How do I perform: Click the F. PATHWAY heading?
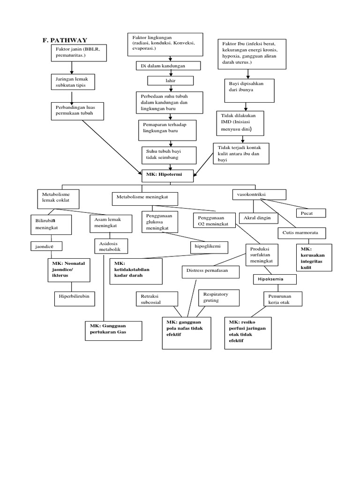pos(65,40)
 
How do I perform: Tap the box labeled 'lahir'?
pos(167,81)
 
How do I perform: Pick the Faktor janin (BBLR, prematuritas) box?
pos(79,53)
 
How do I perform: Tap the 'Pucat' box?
pos(307,213)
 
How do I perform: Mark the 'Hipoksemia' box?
pos(275,280)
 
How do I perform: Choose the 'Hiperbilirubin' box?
pos(74,296)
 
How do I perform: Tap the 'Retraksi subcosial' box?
pos(157,299)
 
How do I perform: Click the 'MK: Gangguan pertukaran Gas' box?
pos(112,331)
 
